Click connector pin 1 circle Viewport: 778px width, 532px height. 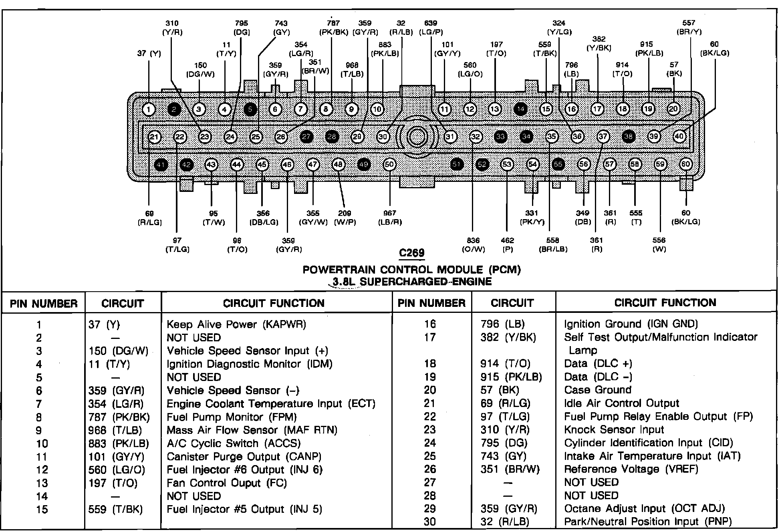coord(149,109)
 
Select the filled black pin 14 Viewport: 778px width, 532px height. coord(520,109)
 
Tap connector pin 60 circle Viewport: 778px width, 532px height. coord(686,164)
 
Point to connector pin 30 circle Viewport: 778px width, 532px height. coord(383,137)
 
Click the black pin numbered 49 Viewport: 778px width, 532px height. coord(364,165)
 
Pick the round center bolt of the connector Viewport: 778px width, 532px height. coord(417,137)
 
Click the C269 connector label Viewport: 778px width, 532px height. coord(412,253)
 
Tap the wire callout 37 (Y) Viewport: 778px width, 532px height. coord(149,53)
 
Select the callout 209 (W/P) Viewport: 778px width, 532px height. coord(345,218)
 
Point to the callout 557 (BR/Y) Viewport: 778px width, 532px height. coord(689,27)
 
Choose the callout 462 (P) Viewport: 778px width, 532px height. coord(507,245)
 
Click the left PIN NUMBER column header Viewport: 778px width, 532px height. coord(44,303)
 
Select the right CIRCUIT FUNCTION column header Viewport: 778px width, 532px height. coord(665,302)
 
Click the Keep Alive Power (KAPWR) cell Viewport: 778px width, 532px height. coord(236,324)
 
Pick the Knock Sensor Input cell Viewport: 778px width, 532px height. coord(614,430)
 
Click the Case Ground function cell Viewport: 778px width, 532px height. coord(598,390)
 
